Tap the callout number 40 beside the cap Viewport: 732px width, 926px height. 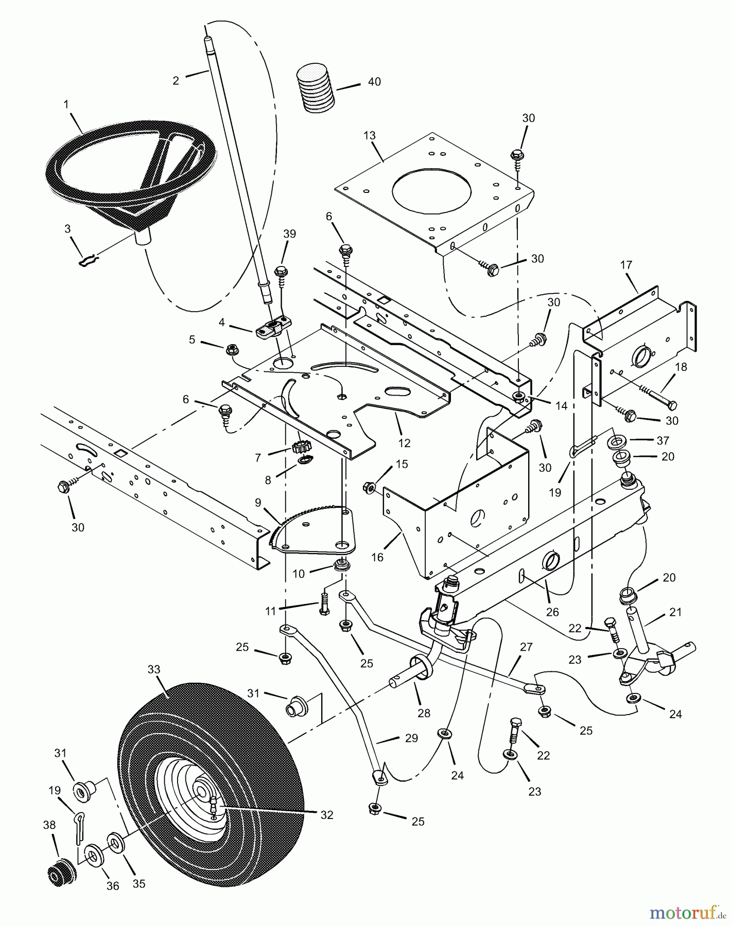(x=374, y=82)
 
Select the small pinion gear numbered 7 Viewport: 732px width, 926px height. (x=299, y=447)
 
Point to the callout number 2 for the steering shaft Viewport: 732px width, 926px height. (x=176, y=81)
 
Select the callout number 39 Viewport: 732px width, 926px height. (x=290, y=234)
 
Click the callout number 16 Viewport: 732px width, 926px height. (x=378, y=557)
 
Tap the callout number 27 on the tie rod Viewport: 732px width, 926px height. (x=526, y=647)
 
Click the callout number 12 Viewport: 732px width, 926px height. (x=404, y=442)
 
